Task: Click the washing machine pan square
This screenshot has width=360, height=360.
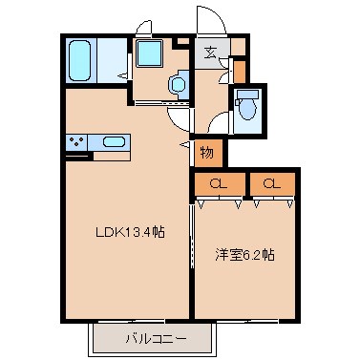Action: pyautogui.click(x=149, y=54)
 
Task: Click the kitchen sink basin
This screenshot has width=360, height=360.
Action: pyautogui.click(x=113, y=142)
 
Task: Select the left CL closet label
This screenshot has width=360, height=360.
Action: pyautogui.click(x=219, y=183)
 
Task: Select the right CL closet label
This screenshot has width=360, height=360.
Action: pyautogui.click(x=271, y=183)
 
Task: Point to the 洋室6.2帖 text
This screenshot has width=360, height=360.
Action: pyautogui.click(x=243, y=255)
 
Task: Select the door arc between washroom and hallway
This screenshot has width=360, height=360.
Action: pyautogui.click(x=179, y=119)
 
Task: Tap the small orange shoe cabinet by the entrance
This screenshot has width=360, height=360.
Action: pyautogui.click(x=239, y=70)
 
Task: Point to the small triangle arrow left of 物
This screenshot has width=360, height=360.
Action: pyautogui.click(x=185, y=144)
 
